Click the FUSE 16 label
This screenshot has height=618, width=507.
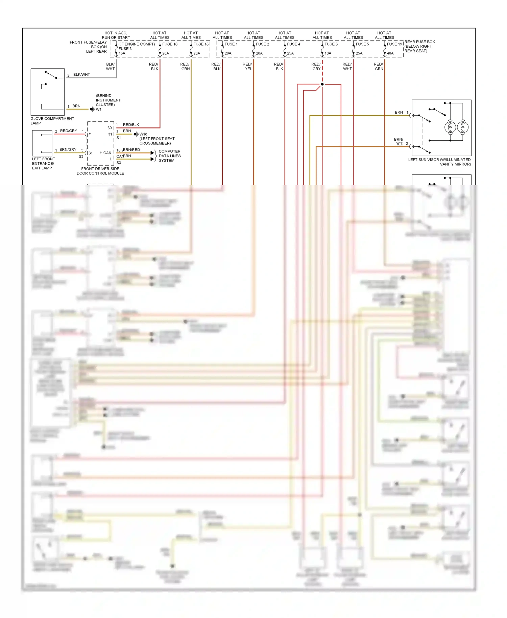click(170, 44)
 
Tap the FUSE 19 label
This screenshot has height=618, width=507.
click(394, 44)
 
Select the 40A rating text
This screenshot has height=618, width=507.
click(390, 53)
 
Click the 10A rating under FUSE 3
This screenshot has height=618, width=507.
click(328, 53)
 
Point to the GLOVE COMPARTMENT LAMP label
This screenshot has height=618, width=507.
click(52, 121)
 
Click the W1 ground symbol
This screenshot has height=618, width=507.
click(92, 109)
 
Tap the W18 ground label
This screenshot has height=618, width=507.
click(143, 134)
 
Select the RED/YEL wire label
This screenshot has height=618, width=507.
click(247, 66)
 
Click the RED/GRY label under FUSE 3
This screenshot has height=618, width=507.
click(316, 66)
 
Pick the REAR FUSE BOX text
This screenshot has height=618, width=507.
click(419, 42)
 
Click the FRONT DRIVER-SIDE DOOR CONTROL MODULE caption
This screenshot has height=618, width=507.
click(100, 171)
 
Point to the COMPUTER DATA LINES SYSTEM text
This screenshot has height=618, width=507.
click(170, 156)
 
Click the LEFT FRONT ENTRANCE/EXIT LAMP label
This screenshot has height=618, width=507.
click(43, 163)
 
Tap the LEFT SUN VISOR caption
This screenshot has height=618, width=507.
click(439, 162)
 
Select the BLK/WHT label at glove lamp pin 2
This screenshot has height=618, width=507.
click(81, 74)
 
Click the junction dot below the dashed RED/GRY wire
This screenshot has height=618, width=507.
click(322, 84)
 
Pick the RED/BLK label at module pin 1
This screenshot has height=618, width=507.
click(131, 125)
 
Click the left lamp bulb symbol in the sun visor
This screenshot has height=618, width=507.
click(450, 127)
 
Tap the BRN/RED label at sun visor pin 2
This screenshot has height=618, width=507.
click(399, 141)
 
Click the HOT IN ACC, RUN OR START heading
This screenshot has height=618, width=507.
click(116, 35)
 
